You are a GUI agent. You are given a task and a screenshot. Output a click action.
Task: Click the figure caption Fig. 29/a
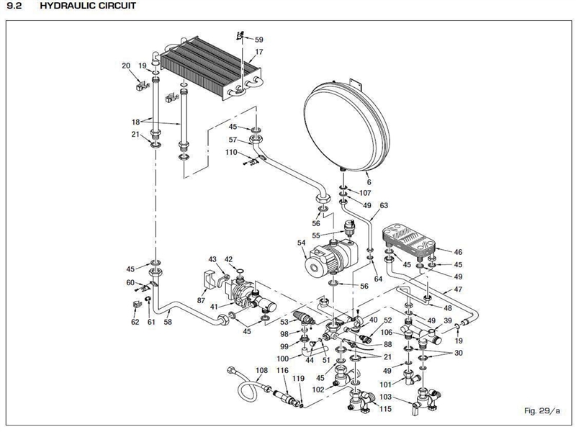pos(541,410)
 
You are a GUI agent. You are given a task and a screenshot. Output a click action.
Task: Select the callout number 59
pos(259,40)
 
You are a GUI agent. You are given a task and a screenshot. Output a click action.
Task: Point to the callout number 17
pos(259,53)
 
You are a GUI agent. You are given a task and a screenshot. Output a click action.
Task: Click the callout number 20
pos(126,66)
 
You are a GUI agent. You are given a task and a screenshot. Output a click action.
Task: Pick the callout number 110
pos(232,153)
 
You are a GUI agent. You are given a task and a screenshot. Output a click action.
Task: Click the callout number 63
pos(384,205)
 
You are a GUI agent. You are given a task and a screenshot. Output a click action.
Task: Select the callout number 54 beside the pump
pos(301,243)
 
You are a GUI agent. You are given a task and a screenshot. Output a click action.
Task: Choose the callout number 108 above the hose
pos(261,370)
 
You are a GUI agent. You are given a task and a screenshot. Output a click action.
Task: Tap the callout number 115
pos(387,409)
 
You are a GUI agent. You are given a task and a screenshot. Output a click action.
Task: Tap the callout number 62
pos(135,322)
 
